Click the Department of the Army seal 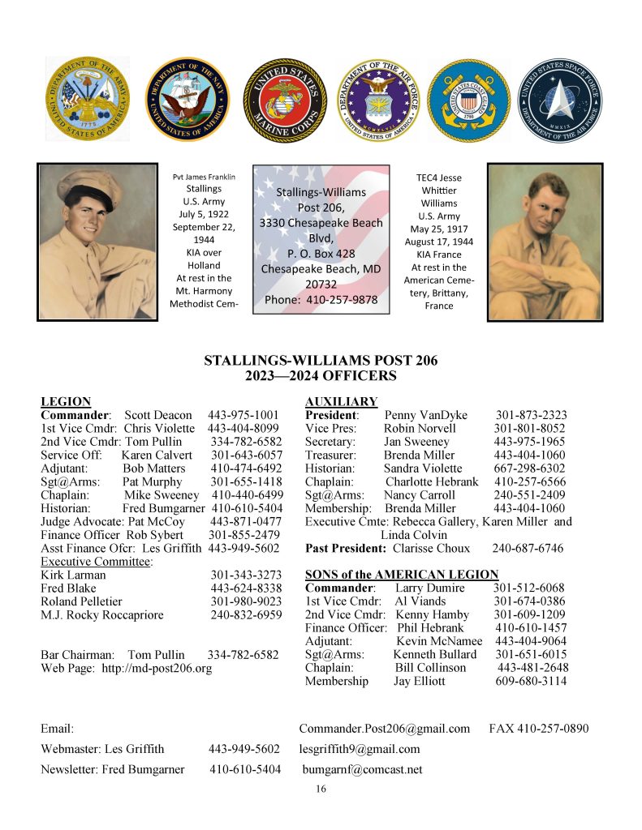(x=88, y=98)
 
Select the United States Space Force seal (x=559, y=100)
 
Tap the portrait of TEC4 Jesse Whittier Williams (x=545, y=241)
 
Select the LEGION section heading (x=66, y=401)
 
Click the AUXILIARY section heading (x=341, y=401)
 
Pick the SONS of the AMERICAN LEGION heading (x=401, y=575)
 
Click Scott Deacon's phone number (x=243, y=415)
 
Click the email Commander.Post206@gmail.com (x=384, y=729)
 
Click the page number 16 (x=321, y=789)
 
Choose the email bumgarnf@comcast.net (x=362, y=769)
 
